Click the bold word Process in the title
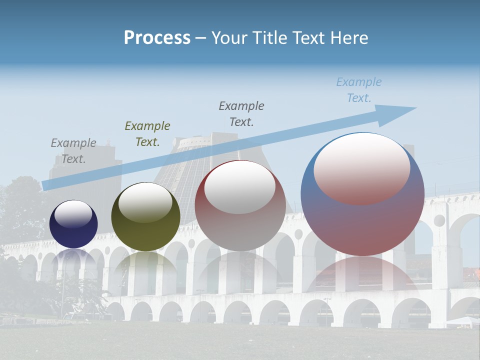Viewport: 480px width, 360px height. point(157,37)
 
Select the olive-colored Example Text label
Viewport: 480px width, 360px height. point(147,134)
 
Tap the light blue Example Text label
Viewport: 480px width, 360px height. point(359,90)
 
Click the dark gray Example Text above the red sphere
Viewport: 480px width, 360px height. point(241,113)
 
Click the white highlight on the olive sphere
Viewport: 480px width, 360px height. point(145,202)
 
